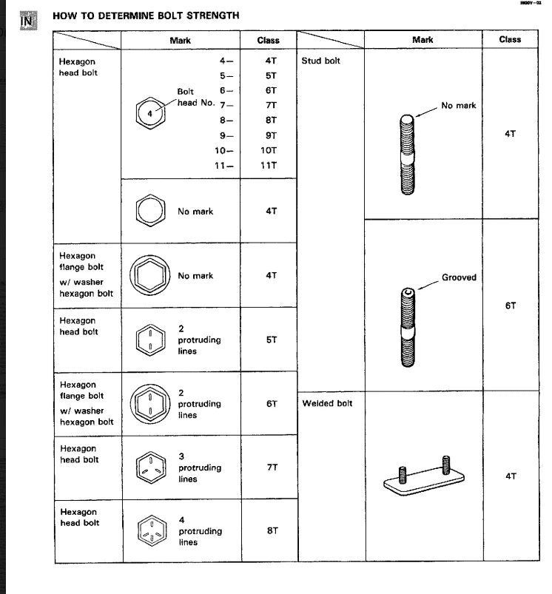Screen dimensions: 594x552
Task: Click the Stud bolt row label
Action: point(320,61)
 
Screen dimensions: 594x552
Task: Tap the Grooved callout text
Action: point(460,278)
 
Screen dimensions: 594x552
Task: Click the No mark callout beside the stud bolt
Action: point(458,106)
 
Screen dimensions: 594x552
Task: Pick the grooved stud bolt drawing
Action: point(407,325)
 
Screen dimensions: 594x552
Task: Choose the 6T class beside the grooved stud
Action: point(509,303)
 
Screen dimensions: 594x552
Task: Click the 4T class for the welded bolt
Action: point(510,476)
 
